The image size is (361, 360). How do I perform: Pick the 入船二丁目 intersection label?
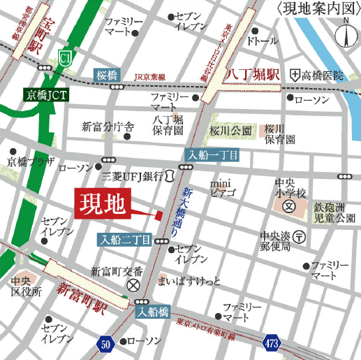tap(124, 240)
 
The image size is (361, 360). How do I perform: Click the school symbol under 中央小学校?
tap(288, 207)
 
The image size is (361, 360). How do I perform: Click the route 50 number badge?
tap(105, 343)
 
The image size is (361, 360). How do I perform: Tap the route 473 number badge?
tap(274, 343)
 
